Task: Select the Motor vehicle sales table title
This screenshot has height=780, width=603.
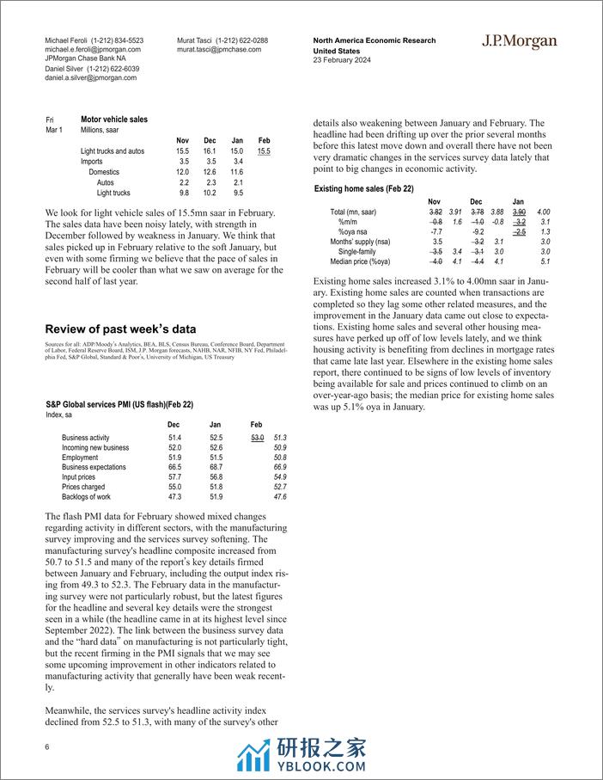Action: [113, 120]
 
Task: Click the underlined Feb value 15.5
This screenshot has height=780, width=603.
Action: [264, 151]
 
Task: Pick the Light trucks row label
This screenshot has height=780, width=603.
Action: [113, 193]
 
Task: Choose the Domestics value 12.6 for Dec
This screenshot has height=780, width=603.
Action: [210, 172]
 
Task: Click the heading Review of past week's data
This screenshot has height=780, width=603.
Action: [120, 329]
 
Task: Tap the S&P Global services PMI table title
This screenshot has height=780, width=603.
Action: [119, 404]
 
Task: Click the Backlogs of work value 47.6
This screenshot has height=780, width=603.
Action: [278, 496]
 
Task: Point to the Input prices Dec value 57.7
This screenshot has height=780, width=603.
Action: [174, 476]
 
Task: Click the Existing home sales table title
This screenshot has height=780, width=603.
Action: [364, 187]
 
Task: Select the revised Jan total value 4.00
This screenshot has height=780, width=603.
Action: [543, 212]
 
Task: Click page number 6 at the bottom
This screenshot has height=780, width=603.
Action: [48, 747]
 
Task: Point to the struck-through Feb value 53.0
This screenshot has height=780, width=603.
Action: [256, 438]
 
